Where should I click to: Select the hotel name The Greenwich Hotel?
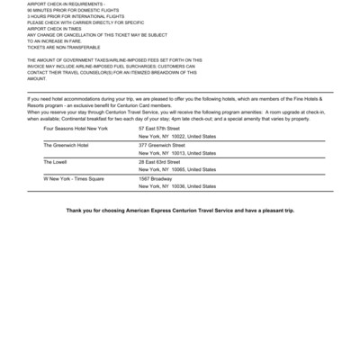point(66,144)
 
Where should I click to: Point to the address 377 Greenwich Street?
point(161,144)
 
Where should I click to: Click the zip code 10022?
point(177,136)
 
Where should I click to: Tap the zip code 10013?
point(177,152)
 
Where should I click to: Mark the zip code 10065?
point(177,168)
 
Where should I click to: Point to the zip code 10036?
point(177,185)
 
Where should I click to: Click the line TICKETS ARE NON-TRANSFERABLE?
point(63,47)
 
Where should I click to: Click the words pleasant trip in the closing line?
point(275,211)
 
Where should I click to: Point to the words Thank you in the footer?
point(77,211)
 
